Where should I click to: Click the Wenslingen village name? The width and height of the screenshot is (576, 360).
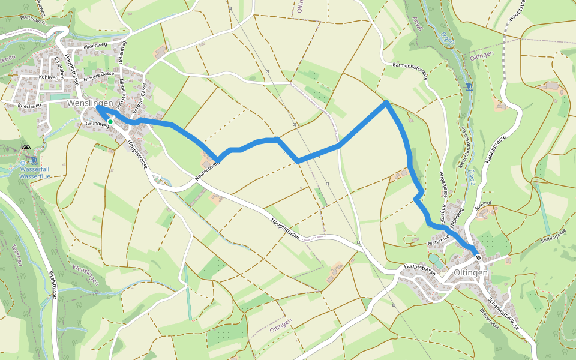click(91, 103)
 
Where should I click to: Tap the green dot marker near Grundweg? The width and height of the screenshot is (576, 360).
click(110, 122)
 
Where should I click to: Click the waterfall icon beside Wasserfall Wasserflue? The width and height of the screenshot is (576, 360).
click(35, 161)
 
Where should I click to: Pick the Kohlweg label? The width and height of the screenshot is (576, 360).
click(49, 77)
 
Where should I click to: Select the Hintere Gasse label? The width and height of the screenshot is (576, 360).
click(99, 75)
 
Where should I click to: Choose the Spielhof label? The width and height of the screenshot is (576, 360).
click(483, 204)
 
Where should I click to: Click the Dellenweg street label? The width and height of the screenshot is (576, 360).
click(122, 52)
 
